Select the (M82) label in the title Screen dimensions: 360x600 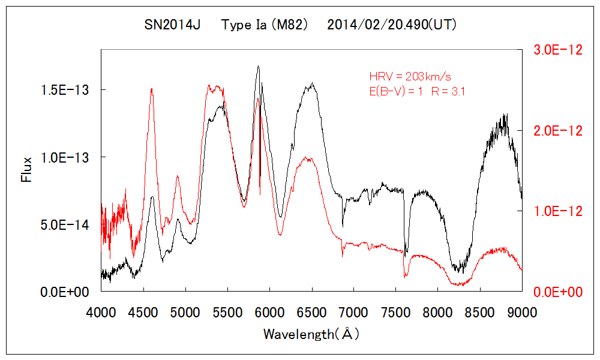pos(290,25)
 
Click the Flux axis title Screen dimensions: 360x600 pos(26,169)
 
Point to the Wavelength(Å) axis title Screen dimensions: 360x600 pos(311,334)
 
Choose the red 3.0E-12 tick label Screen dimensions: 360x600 pos(558,50)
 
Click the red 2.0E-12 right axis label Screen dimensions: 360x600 pos(558,131)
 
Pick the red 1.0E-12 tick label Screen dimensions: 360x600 pos(558,211)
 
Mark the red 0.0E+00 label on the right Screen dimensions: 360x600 pos(558,292)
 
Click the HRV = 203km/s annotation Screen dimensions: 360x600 pos(410,76)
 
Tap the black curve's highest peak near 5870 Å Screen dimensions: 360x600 pos(259,67)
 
